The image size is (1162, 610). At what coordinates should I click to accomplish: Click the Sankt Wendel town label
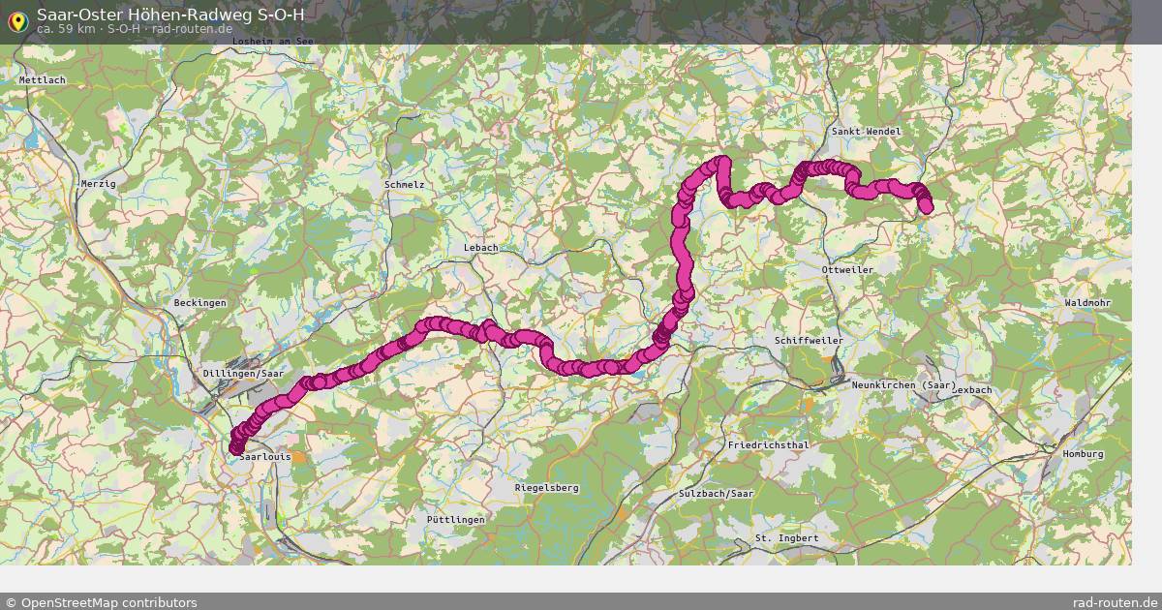(x=866, y=132)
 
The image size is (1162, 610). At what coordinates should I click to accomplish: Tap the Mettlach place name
(x=42, y=80)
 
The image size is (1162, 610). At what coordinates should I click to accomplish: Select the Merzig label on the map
(x=98, y=184)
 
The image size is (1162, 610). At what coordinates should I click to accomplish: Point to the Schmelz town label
(x=404, y=184)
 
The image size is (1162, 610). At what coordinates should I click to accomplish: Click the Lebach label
(x=480, y=248)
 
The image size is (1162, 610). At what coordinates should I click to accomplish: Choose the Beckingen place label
(x=199, y=303)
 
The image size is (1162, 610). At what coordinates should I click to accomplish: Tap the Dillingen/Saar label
(x=243, y=373)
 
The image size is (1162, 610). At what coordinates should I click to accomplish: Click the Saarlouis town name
(x=264, y=456)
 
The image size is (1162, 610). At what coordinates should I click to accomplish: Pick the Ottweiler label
(x=846, y=269)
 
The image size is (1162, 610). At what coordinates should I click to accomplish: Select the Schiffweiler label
(x=809, y=341)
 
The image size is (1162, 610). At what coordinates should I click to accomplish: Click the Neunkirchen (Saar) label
(x=903, y=386)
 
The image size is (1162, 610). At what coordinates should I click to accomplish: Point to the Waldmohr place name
(x=1087, y=303)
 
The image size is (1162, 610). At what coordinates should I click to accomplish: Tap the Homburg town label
(x=1083, y=453)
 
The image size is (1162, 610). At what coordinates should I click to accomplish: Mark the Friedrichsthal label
(x=767, y=445)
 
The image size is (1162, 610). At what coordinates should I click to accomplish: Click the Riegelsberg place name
(x=547, y=488)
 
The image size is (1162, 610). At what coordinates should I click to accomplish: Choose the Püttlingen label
(x=455, y=520)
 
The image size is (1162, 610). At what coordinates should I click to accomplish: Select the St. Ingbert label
(x=786, y=538)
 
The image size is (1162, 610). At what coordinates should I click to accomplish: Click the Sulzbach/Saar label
(x=716, y=494)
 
